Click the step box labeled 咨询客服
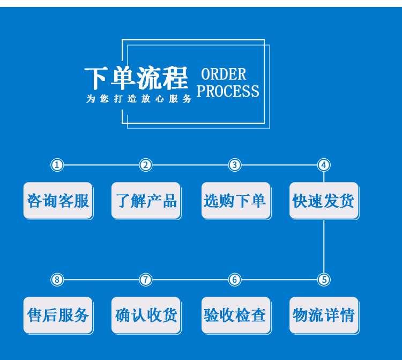point(58,201)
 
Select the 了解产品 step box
point(146,201)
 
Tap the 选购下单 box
point(235,201)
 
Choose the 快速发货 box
point(324,201)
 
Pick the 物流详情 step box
point(324,315)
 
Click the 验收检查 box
point(235,315)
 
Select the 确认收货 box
point(146,315)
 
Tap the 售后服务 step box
point(58,315)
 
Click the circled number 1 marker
point(57,165)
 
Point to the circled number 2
point(146,165)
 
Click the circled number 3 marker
point(234,165)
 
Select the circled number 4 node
point(323,165)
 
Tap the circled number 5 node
point(323,280)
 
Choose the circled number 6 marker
point(234,280)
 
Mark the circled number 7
point(146,280)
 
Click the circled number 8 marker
point(57,280)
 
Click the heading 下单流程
point(137,78)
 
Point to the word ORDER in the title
point(224,74)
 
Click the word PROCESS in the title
point(228,91)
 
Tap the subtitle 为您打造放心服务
point(139,99)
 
